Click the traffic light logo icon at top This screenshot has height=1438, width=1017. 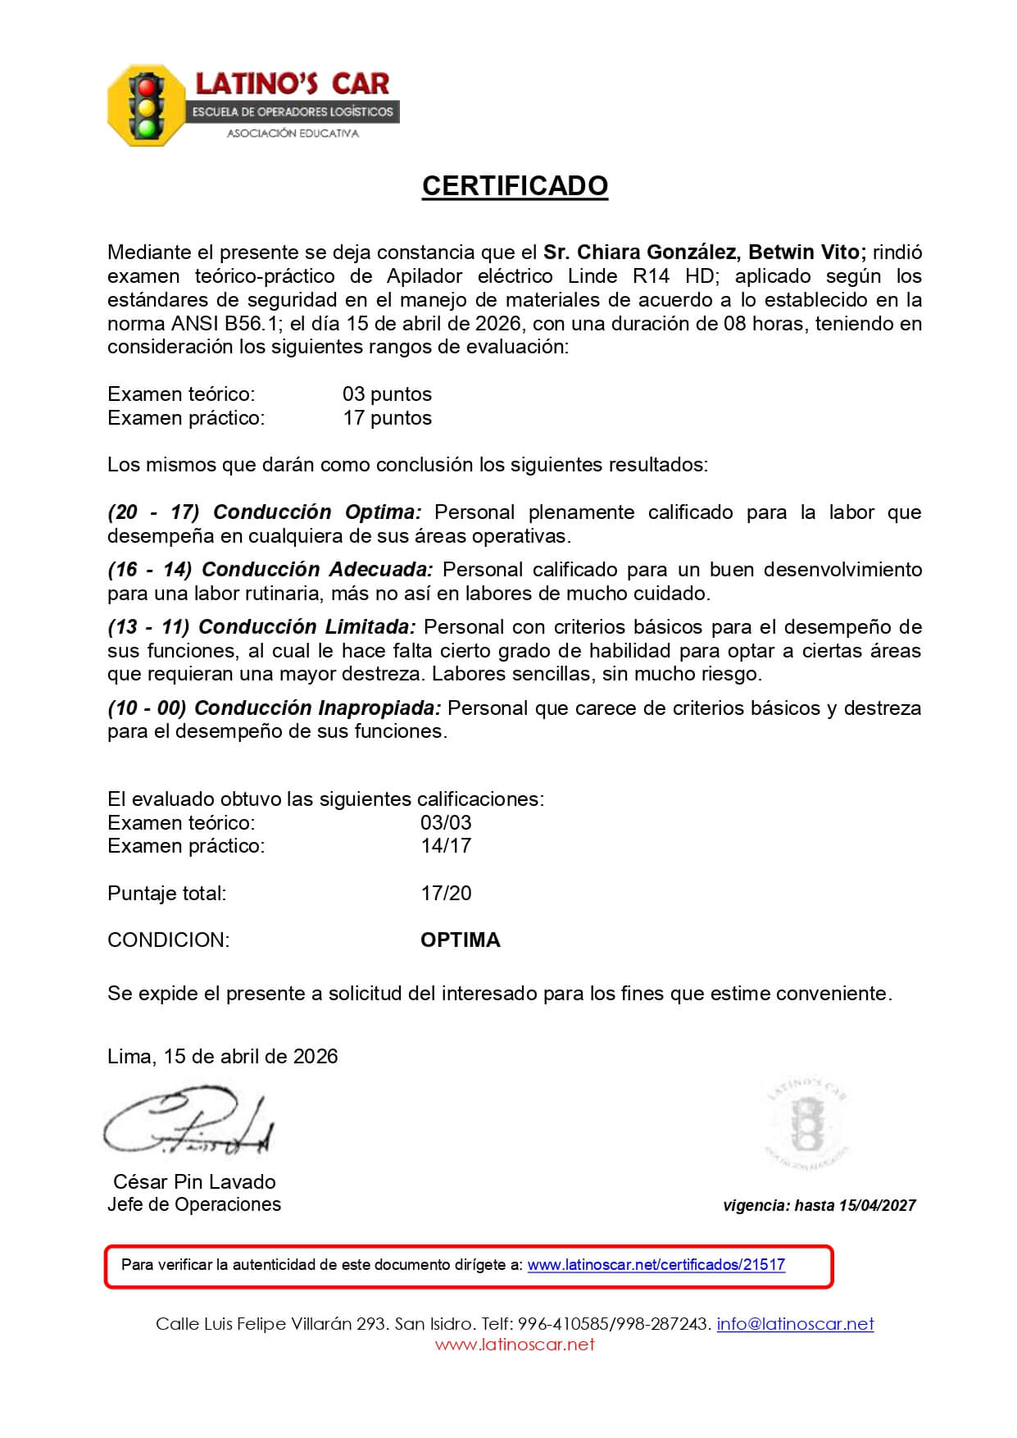148,106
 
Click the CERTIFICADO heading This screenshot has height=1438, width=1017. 515,186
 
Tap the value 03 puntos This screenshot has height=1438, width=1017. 387,394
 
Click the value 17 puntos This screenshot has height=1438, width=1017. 387,418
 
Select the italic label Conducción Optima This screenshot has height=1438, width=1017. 317,512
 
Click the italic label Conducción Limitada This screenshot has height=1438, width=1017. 306,627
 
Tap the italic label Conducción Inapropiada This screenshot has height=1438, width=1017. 317,708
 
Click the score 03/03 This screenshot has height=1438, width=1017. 446,822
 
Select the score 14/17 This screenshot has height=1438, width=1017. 446,846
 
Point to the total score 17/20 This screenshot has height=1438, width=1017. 446,894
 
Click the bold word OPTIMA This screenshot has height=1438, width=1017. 460,940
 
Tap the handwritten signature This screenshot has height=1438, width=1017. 188,1123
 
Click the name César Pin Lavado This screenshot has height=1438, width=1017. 194,1181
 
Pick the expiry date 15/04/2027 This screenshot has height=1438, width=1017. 878,1206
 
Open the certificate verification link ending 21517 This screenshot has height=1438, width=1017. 656,1265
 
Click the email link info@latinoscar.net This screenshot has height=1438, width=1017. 795,1324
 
